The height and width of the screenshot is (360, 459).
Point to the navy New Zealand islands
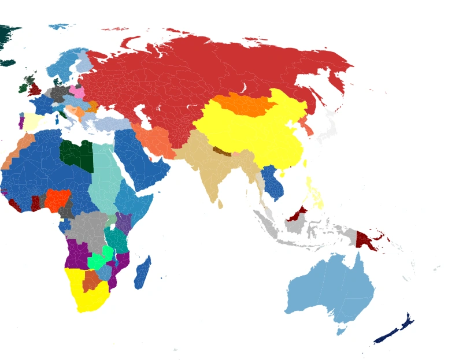(x=393, y=331)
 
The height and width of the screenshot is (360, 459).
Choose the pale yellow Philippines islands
(x=315, y=194)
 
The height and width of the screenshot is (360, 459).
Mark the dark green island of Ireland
(x=24, y=88)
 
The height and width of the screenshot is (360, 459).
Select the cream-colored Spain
(x=32, y=122)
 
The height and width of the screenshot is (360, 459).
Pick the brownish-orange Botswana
(x=91, y=281)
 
